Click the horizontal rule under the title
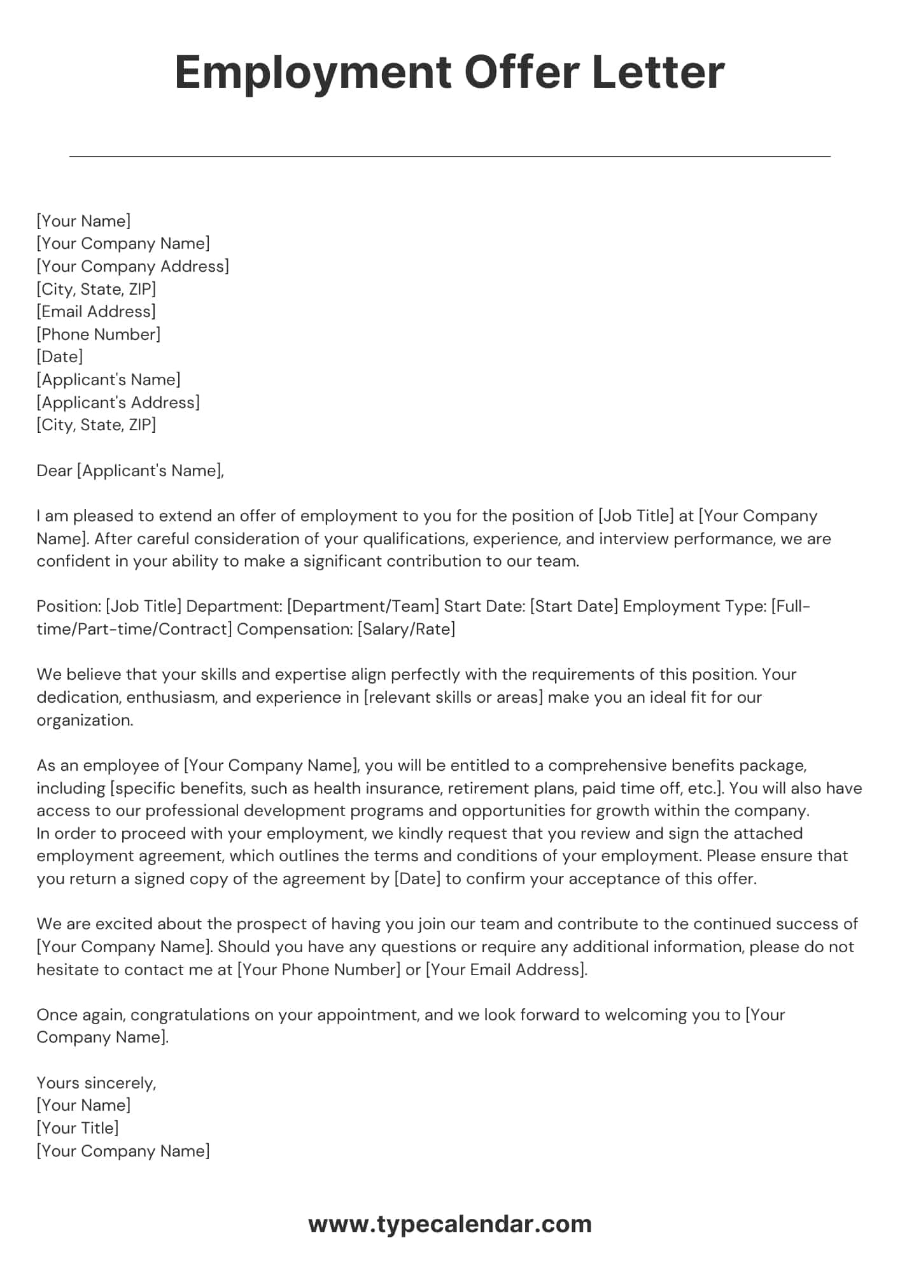[449, 156]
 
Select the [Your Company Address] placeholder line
[132, 266]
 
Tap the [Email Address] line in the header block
[96, 311]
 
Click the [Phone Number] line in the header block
[99, 334]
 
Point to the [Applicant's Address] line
[118, 402]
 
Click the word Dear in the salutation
[54, 470]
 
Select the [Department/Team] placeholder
[363, 606]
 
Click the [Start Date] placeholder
[573, 606]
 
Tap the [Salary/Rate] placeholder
[406, 629]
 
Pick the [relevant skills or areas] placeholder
[453, 697]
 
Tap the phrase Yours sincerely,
[96, 1083]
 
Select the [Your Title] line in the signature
[78, 1128]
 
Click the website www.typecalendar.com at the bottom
[449, 1224]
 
